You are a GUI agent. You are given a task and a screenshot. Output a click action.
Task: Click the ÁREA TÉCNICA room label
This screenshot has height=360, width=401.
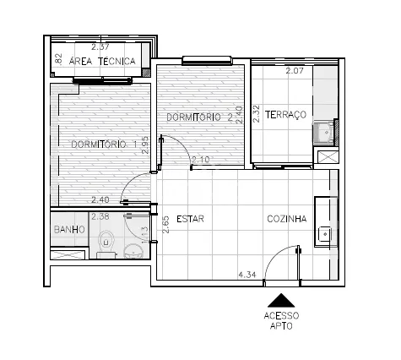click(x=102, y=61)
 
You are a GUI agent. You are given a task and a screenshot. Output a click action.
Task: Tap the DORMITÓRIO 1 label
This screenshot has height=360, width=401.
click(x=104, y=145)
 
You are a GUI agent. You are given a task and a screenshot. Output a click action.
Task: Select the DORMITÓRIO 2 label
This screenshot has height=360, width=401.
click(x=199, y=117)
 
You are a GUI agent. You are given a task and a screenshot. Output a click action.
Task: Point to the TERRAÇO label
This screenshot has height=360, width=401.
click(x=285, y=115)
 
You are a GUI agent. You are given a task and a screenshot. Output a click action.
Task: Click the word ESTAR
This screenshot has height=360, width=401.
click(x=190, y=219)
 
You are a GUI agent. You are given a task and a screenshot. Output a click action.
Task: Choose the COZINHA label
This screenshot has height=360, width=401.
click(x=287, y=219)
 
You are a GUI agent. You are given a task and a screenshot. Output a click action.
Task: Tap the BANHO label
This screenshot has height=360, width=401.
click(x=69, y=230)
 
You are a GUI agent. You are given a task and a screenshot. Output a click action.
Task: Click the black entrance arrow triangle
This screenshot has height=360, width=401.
click(x=281, y=300)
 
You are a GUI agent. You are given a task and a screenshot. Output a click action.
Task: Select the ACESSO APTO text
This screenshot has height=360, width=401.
click(x=281, y=320)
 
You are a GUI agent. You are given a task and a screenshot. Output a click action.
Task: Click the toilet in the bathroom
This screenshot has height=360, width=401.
click(x=106, y=243)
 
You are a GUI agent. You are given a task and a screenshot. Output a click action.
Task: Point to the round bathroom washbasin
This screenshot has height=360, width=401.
click(x=134, y=251)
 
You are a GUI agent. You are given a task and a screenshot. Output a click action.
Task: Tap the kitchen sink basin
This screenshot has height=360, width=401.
click(x=325, y=234)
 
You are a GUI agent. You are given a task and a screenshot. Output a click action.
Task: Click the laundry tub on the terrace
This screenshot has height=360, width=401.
click(x=323, y=133)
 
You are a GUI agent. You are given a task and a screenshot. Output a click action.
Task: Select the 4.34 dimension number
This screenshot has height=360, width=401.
click(x=247, y=275)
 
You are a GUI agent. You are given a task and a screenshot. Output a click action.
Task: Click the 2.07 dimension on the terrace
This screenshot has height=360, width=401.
click(x=295, y=71)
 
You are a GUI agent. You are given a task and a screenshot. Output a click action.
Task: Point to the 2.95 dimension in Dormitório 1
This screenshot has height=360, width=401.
click(x=145, y=145)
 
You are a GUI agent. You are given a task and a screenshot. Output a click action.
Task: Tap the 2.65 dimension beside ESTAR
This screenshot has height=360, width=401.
click(x=166, y=225)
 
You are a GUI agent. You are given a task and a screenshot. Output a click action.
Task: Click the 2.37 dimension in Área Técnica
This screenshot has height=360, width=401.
click(x=100, y=46)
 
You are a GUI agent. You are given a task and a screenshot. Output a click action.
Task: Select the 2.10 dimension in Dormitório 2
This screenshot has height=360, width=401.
click(x=200, y=160)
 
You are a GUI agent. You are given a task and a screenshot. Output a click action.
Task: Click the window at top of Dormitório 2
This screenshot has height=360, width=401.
click(x=207, y=60)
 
